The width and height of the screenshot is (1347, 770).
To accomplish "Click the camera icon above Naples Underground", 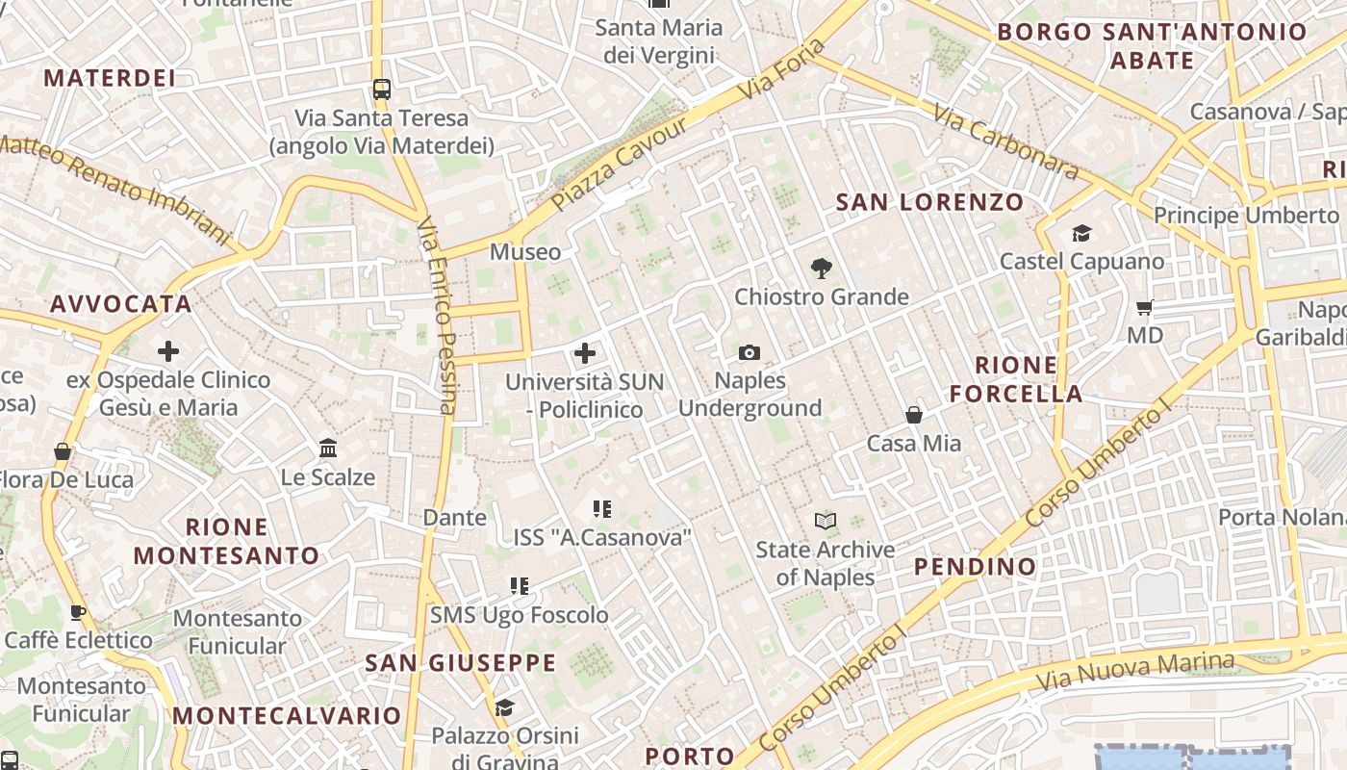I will tap(750, 353).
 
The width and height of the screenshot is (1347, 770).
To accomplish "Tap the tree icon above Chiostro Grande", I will tap(821, 269).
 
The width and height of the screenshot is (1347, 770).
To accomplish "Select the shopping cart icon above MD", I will tap(1144, 308).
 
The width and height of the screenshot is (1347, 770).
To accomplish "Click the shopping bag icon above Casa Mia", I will tap(913, 415).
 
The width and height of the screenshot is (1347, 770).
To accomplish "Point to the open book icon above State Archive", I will tap(825, 522).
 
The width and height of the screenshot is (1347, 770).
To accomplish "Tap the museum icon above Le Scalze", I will tap(328, 449).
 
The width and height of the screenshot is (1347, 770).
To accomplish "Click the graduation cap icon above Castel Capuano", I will tap(1081, 234).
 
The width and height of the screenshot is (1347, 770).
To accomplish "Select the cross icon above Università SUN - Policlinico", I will tap(584, 353).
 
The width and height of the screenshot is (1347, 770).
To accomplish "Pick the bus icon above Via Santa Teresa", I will tap(382, 90).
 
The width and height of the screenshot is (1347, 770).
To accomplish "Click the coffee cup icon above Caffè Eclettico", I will tap(78, 612).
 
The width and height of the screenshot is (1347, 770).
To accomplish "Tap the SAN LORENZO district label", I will tap(929, 202).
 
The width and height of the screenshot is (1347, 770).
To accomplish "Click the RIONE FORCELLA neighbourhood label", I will tap(1016, 379).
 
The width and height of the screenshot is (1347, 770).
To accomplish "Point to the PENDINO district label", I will tap(975, 566).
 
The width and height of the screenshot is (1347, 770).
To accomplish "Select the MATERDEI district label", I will tap(110, 78).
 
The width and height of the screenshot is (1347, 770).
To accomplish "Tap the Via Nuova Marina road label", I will tap(1134, 672).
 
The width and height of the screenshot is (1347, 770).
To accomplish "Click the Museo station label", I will tap(525, 252).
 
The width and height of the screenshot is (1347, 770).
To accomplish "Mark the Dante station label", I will tap(454, 518).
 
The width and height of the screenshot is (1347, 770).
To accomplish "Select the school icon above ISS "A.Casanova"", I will tap(602, 509).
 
